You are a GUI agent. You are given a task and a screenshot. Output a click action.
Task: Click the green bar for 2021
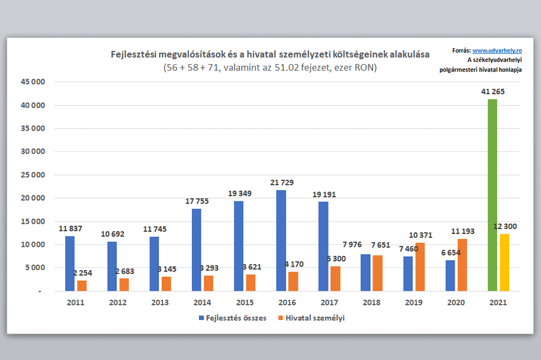pos(492,195)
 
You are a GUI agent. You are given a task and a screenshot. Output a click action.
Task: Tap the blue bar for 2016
pos(281,241)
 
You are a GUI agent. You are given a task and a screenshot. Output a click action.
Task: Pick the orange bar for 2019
pos(420,267)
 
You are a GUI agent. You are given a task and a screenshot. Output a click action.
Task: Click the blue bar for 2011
pos(70,263)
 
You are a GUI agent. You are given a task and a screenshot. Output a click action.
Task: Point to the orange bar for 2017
pos(335,279)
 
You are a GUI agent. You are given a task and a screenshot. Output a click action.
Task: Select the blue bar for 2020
pos(450,276)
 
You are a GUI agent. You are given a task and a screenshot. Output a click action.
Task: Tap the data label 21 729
pos(281,183)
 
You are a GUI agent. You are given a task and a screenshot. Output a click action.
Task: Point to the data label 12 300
pos(506,226)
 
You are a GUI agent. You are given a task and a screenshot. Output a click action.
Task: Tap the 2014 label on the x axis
pos(202,303)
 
